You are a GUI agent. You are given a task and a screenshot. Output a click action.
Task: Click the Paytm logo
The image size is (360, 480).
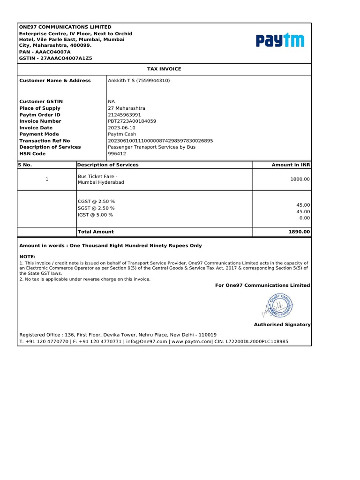[x=280, y=41]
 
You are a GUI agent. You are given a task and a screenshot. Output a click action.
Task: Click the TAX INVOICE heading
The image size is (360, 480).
[x=164, y=69]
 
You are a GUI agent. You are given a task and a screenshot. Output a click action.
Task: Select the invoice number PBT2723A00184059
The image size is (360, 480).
[x=132, y=121]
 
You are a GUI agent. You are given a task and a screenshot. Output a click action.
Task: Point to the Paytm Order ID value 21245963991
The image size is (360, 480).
[x=124, y=114]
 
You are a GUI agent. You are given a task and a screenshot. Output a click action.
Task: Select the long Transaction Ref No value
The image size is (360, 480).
[x=160, y=140]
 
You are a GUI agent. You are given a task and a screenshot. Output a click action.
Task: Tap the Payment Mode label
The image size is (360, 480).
[x=39, y=134]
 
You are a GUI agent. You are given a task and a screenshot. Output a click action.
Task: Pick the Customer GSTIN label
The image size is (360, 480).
[x=41, y=101]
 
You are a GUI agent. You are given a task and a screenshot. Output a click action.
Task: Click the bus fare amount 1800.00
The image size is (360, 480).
[x=300, y=179]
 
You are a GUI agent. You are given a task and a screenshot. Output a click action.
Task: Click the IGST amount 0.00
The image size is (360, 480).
[x=305, y=218]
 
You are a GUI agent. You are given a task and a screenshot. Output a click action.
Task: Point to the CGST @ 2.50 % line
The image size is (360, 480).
[x=96, y=201]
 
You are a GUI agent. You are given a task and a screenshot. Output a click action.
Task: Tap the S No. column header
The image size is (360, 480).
[x=25, y=165]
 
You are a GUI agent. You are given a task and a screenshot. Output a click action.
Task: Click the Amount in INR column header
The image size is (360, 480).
[x=291, y=165]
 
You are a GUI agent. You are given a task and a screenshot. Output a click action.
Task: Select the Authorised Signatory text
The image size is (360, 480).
[x=282, y=324]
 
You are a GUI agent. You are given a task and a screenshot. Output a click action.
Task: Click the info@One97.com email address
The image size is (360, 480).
[x=147, y=342]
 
